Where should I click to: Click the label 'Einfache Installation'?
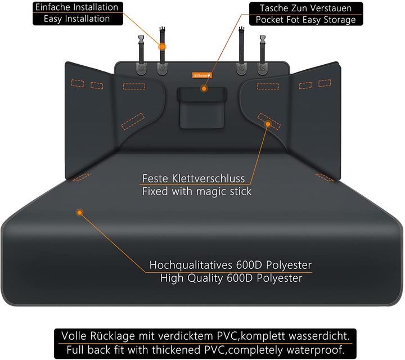coord(77,7)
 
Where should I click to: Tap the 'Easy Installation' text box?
coord(77,19)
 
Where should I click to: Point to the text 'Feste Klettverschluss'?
coord(196,179)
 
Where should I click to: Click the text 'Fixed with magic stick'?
coord(196,191)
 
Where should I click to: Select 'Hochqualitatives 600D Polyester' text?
coord(231,265)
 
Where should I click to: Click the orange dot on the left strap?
coord(162,47)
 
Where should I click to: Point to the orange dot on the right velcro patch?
coord(268,124)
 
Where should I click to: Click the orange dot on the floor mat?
coord(79,213)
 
